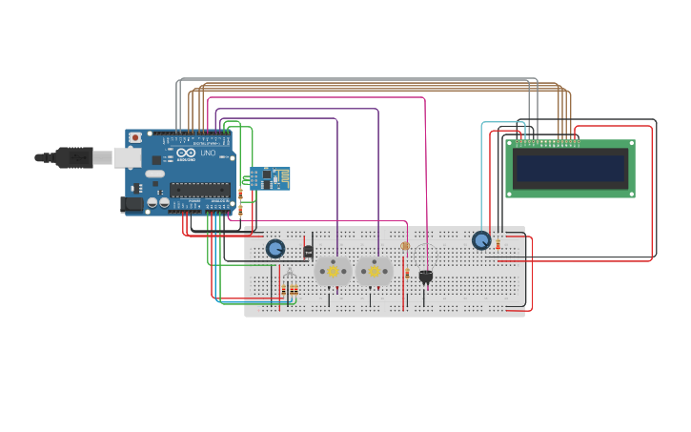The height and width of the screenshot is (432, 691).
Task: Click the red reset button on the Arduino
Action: [135, 137]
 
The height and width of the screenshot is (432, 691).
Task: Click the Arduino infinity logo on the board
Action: [186, 153]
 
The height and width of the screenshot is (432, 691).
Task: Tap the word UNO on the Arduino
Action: [208, 154]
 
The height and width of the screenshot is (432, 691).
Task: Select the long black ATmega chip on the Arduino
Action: [199, 189]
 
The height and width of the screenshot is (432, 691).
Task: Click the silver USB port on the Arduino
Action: [127, 157]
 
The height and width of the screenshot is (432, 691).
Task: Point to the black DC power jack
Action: [132, 203]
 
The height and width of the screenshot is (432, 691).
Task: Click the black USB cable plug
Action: [76, 157]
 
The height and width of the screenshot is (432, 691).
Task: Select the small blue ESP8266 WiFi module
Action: [270, 178]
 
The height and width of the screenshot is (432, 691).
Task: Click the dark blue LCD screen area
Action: [570, 169]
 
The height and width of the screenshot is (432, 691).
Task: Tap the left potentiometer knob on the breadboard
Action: [275, 249]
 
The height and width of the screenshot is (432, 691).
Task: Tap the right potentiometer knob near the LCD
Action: [481, 240]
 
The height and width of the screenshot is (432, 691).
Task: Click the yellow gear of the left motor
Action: [333, 271]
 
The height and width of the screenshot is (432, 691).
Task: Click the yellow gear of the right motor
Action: [375, 271]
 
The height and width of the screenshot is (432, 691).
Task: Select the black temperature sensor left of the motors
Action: [308, 252]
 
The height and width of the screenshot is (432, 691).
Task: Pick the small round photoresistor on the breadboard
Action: [405, 246]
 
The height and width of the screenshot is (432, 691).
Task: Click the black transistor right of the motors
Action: [425, 277]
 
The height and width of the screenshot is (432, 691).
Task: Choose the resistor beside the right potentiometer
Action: [498, 244]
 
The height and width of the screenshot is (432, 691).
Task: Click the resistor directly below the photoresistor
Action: [407, 273]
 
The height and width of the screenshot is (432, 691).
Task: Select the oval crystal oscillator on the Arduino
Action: [154, 174]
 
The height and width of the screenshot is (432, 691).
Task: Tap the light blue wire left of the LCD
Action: [482, 172]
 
